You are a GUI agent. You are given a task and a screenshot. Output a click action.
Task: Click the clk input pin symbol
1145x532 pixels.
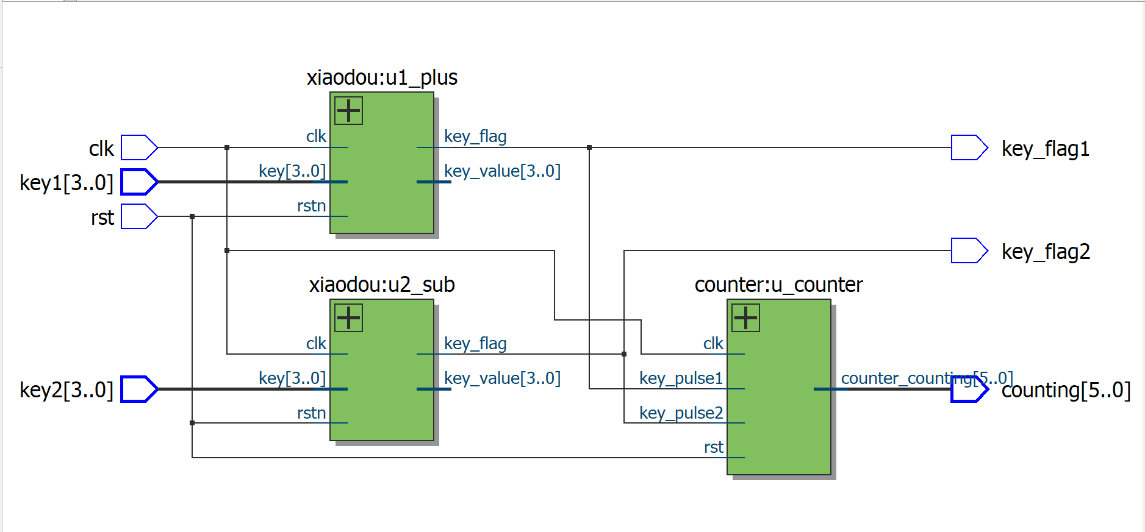pyautogui.click(x=139, y=147)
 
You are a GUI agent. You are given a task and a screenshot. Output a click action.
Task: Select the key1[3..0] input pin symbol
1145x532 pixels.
pyautogui.click(x=139, y=182)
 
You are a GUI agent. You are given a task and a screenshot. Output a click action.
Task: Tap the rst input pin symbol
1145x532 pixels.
pyautogui.click(x=139, y=216)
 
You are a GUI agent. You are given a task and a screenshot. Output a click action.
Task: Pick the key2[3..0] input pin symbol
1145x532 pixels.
pyautogui.click(x=139, y=389)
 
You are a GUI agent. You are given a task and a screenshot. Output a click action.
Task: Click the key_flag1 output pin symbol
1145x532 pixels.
pyautogui.click(x=969, y=147)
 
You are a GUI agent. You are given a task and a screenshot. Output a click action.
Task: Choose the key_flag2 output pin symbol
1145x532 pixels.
pyautogui.click(x=969, y=250)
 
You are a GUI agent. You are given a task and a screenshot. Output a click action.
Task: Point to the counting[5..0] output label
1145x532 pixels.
pyautogui.click(x=1066, y=390)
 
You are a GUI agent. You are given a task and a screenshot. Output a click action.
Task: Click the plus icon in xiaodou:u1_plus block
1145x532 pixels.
pyautogui.click(x=349, y=110)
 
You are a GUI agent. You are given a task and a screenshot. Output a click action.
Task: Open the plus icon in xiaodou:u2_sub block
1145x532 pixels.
pyautogui.click(x=349, y=317)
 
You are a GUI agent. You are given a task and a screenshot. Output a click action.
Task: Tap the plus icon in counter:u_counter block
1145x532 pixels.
pyautogui.click(x=745, y=317)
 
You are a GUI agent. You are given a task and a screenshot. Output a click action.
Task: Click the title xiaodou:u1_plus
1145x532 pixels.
pyautogui.click(x=382, y=77)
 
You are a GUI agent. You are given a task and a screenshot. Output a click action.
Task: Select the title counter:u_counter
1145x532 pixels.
pyautogui.click(x=778, y=285)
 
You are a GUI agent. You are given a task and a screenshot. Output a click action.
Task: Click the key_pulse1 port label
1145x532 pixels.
pyautogui.click(x=681, y=378)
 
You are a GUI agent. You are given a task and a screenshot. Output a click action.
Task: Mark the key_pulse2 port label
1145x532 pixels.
pyautogui.click(x=681, y=413)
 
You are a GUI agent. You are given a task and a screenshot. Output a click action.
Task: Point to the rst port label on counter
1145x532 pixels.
pyautogui.click(x=713, y=447)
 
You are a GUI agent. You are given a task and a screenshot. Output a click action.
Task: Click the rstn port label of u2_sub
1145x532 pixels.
pyautogui.click(x=311, y=413)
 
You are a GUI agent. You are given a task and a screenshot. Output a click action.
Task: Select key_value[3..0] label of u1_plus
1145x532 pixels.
pyautogui.click(x=502, y=171)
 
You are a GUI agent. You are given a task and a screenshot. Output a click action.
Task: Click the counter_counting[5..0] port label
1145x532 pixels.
pyautogui.click(x=927, y=378)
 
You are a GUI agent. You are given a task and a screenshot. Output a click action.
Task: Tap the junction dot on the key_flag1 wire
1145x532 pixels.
pyautogui.click(x=589, y=147)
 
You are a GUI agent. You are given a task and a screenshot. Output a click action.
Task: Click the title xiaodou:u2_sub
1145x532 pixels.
pyautogui.click(x=382, y=285)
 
